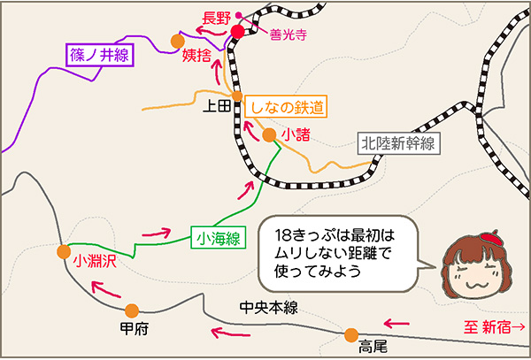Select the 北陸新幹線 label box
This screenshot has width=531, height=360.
coord(399,143)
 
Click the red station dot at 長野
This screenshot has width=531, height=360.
coord(237,32)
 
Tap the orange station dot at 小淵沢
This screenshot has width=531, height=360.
coord(63,251)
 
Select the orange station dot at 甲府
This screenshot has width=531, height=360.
coord(132,310)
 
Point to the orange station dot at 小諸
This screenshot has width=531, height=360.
coord(269,135)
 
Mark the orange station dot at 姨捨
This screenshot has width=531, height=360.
coord(178,41)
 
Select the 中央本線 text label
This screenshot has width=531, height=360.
coord(268,307)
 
